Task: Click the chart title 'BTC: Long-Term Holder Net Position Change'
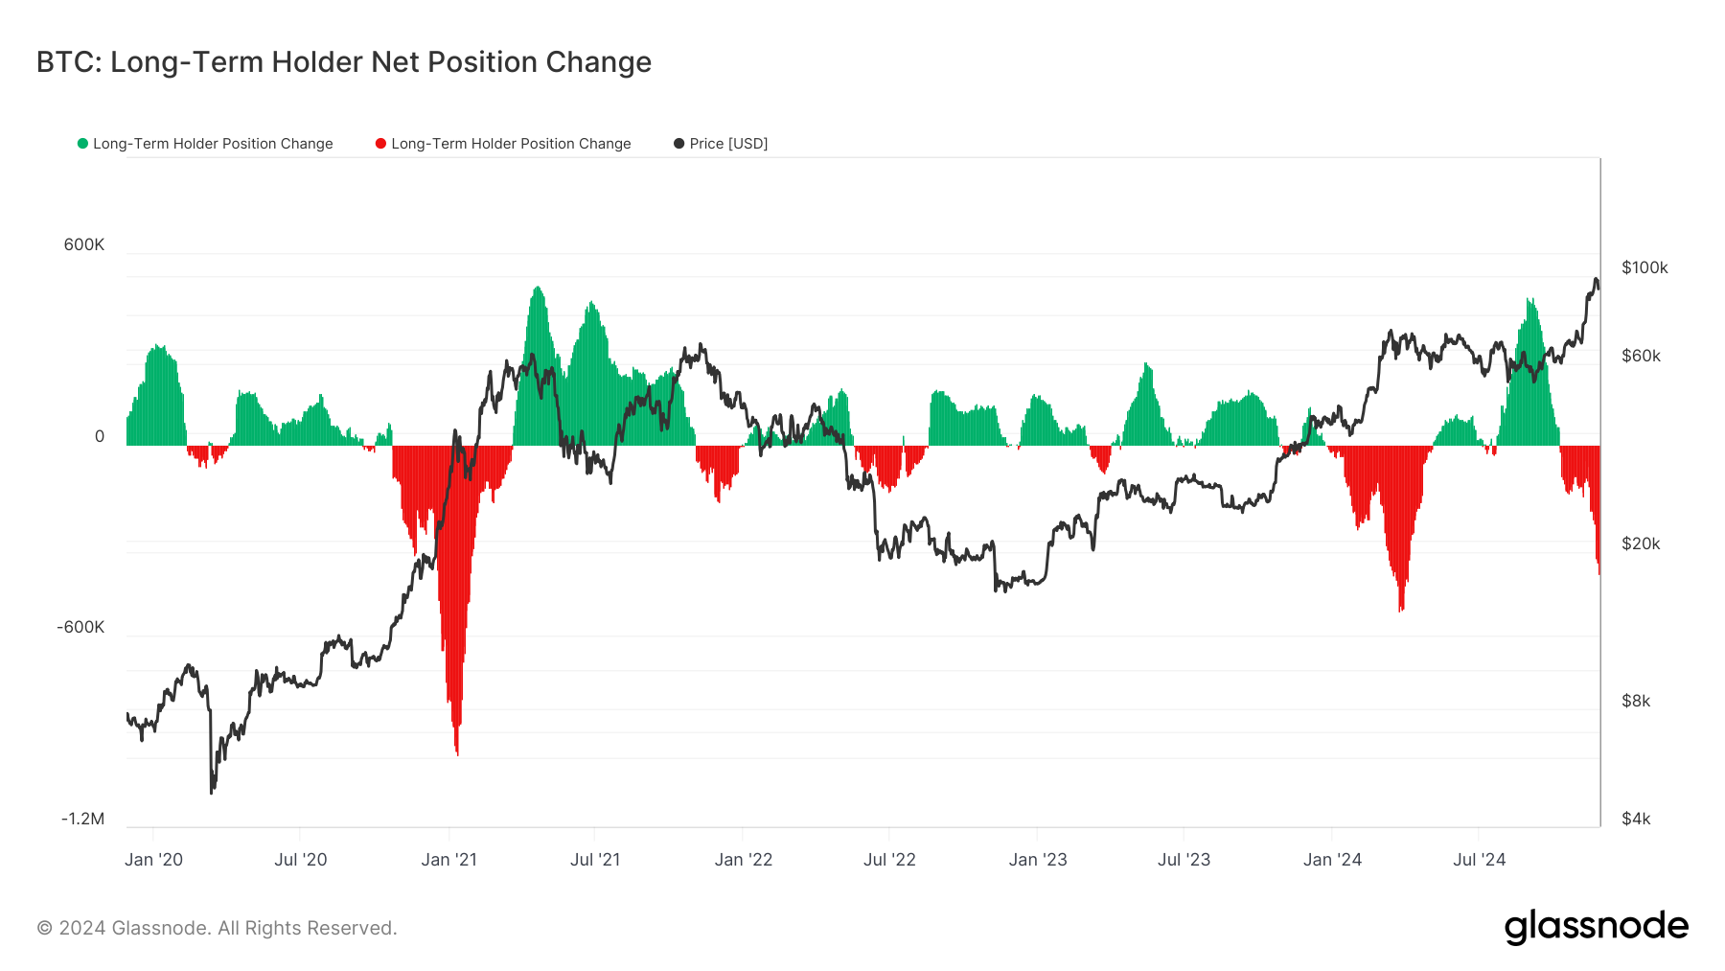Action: click(343, 62)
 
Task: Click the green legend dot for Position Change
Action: click(82, 144)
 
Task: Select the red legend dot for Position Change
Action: click(380, 144)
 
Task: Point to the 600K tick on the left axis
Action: click(84, 244)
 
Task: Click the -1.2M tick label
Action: click(83, 819)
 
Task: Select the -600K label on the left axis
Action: click(81, 627)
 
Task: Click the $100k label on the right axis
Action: click(1644, 267)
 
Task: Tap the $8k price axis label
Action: click(1635, 701)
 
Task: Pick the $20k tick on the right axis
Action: click(1640, 543)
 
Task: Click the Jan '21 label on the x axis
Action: click(448, 860)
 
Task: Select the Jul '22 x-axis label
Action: click(889, 860)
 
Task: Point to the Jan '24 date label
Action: click(1332, 860)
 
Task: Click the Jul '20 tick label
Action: click(300, 860)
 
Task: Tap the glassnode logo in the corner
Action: click(1596, 927)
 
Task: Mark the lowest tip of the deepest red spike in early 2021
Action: click(457, 754)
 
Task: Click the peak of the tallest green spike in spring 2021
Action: click(538, 287)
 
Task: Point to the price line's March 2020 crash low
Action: click(212, 792)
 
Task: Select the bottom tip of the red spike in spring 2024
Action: click(1401, 611)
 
